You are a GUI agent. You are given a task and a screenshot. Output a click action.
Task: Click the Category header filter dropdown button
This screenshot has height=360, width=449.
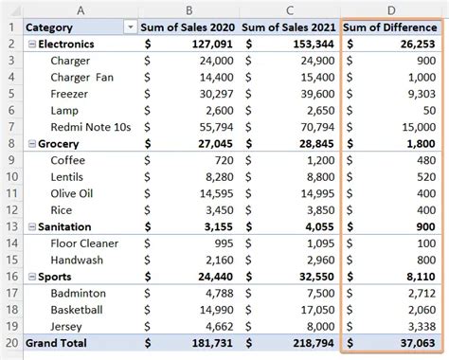(x=129, y=27)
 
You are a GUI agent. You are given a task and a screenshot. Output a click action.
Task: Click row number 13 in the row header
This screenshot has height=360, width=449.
(x=11, y=226)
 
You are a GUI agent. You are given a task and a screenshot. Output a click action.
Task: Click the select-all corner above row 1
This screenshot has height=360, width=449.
(x=11, y=8)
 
